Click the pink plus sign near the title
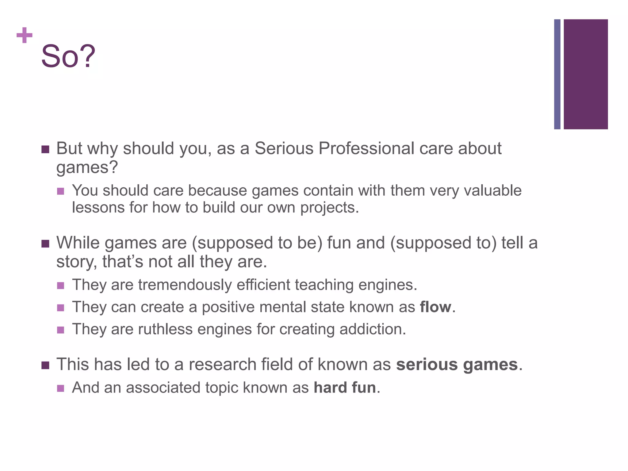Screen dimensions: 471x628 pyautogui.click(x=25, y=35)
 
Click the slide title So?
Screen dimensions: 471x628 pyautogui.click(x=68, y=56)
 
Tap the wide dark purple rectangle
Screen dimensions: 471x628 pyautogui.click(x=585, y=74)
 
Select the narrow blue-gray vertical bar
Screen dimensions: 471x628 pyautogui.click(x=557, y=74)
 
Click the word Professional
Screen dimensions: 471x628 pyautogui.click(x=366, y=149)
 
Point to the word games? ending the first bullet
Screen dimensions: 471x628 pyautogui.click(x=87, y=168)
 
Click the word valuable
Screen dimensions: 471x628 pyautogui.click(x=492, y=190)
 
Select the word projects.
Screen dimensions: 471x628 pyautogui.click(x=329, y=208)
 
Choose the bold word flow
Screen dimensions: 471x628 pyautogui.click(x=435, y=307)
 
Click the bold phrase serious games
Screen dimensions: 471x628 pyautogui.click(x=457, y=365)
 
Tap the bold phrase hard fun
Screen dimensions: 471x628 pyautogui.click(x=345, y=388)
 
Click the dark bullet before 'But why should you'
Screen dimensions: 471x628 pyautogui.click(x=45, y=150)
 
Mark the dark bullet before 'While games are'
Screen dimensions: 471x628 pyautogui.click(x=45, y=244)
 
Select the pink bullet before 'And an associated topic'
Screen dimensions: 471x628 pyautogui.click(x=61, y=389)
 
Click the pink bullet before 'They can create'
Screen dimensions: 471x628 pyautogui.click(x=61, y=308)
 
